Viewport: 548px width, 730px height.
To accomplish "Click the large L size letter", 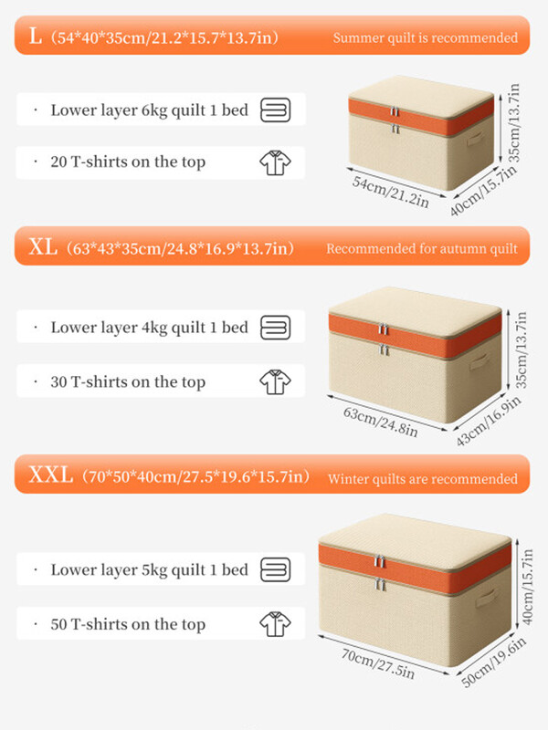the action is pyautogui.click(x=35, y=36).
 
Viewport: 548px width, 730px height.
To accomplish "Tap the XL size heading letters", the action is pyautogui.click(x=43, y=246).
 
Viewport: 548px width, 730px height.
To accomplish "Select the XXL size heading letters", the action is pyautogui.click(x=51, y=474).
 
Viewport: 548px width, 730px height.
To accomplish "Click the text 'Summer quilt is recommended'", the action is pyautogui.click(x=425, y=37).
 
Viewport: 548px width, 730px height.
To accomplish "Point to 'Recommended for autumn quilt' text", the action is pyautogui.click(x=422, y=248).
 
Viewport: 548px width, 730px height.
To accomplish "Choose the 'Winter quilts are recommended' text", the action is pyautogui.click(x=423, y=478).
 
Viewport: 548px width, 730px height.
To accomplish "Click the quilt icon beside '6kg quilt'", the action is pyautogui.click(x=276, y=110).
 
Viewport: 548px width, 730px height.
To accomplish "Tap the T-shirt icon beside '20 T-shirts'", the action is pyautogui.click(x=276, y=163).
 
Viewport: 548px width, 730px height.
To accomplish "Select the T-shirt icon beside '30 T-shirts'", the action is pyautogui.click(x=276, y=382).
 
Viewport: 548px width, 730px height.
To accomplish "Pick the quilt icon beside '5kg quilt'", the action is pyautogui.click(x=276, y=569).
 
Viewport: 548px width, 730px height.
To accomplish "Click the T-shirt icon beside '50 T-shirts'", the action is pyautogui.click(x=276, y=624).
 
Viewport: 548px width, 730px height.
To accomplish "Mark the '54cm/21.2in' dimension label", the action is pyautogui.click(x=391, y=192).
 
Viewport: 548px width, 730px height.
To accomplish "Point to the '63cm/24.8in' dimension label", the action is pyautogui.click(x=381, y=422).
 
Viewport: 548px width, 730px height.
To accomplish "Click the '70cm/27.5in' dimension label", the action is pyautogui.click(x=378, y=663).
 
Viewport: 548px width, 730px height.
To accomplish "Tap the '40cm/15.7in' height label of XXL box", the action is pyautogui.click(x=527, y=587).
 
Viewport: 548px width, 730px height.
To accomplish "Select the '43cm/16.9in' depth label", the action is pyautogui.click(x=489, y=422).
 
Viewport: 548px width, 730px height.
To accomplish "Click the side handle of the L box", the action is pyautogui.click(x=476, y=139).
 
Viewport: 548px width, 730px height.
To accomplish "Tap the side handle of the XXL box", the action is pyautogui.click(x=487, y=598).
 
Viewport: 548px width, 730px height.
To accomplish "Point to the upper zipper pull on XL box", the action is pyautogui.click(x=383, y=328).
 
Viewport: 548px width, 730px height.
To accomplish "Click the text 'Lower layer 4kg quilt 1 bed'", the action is pyautogui.click(x=149, y=328).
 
